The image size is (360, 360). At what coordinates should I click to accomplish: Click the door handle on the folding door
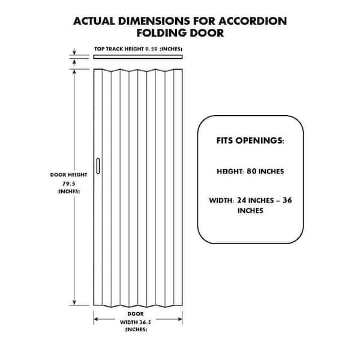click(x=98, y=166)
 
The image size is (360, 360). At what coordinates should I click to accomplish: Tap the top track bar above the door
click(x=138, y=57)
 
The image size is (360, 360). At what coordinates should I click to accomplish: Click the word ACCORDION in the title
click(x=253, y=21)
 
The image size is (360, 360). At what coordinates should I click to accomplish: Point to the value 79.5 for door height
click(x=69, y=184)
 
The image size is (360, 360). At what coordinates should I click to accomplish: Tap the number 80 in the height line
click(x=251, y=171)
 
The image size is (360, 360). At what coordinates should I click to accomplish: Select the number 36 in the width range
click(x=287, y=200)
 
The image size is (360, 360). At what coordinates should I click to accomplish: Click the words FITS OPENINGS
click(x=250, y=140)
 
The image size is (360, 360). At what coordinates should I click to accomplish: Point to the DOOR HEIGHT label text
click(x=68, y=175)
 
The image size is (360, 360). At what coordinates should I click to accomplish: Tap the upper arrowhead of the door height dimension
click(x=74, y=72)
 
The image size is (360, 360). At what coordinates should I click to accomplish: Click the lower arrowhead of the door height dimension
click(x=74, y=302)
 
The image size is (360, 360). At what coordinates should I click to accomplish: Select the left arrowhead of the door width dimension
click(x=97, y=319)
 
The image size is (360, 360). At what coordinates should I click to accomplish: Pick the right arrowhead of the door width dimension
click(x=179, y=319)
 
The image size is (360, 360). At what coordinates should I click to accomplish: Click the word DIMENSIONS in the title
click(x=154, y=21)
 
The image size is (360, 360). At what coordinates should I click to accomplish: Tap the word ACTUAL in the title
click(x=94, y=21)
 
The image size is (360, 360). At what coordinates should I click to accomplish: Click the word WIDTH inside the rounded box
click(x=221, y=200)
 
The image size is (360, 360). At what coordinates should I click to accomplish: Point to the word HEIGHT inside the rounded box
click(x=230, y=172)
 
